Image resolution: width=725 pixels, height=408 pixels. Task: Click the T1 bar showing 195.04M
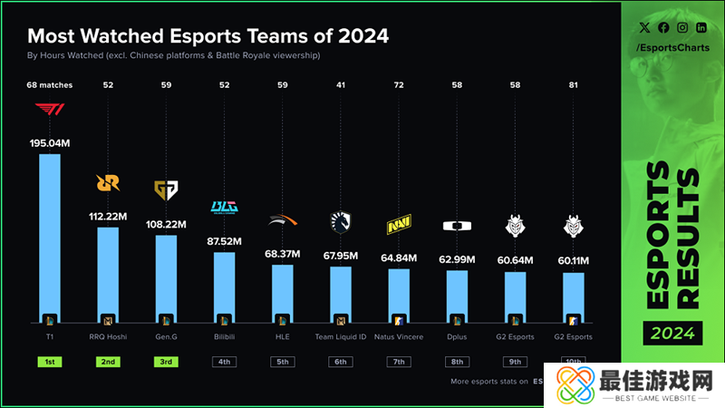tap(50, 240)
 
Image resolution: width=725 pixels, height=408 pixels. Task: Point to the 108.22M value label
tap(166, 224)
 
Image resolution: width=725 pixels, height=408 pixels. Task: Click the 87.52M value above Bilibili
tap(224, 241)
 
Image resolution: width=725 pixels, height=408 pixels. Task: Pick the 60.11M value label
tap(574, 261)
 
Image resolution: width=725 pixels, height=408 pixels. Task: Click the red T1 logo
tap(50, 110)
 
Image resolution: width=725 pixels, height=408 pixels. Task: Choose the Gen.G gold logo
tap(166, 189)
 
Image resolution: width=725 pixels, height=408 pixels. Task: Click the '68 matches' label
tap(50, 86)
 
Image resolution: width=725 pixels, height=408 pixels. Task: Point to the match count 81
tap(574, 86)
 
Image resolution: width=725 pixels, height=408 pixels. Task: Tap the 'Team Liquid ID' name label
tap(341, 337)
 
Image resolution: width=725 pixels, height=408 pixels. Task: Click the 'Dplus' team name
tap(458, 337)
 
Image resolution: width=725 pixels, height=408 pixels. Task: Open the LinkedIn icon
tap(701, 28)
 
